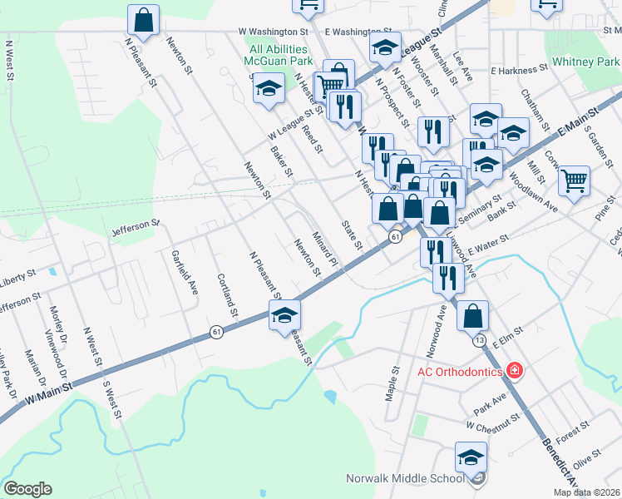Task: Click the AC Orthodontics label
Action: [459, 371]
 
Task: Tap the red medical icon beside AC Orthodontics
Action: [515, 370]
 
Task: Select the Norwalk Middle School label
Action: [406, 478]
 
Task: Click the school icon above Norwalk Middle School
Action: [471, 458]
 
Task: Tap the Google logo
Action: [27, 488]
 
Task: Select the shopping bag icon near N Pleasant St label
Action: [143, 22]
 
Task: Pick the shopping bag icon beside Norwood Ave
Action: [472, 317]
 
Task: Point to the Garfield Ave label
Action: [185, 274]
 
